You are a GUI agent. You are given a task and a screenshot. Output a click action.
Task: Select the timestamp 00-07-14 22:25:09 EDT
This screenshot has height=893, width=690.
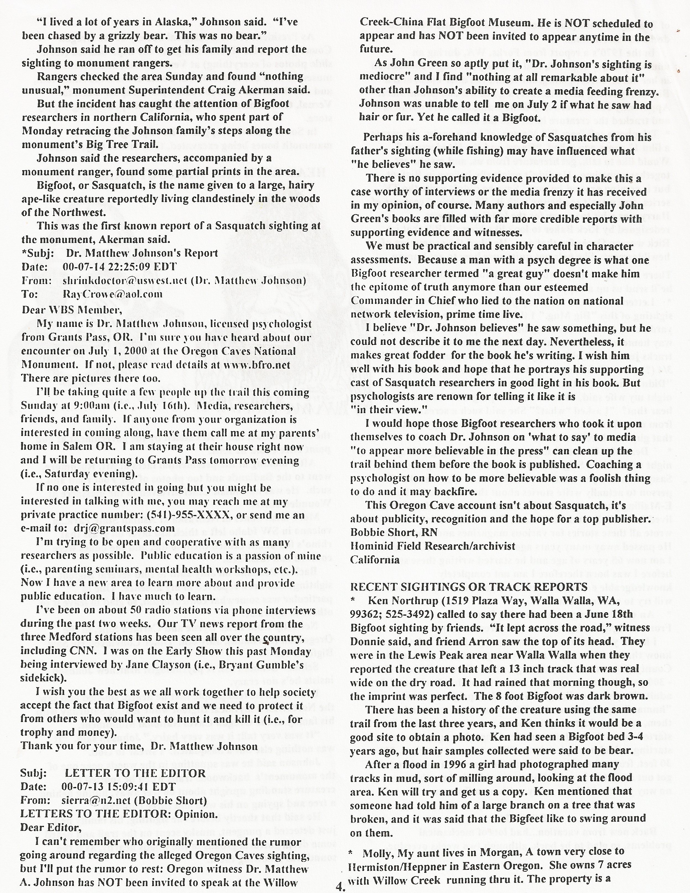(x=120, y=267)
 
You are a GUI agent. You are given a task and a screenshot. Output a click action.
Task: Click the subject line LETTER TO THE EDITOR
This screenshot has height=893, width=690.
(x=135, y=773)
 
